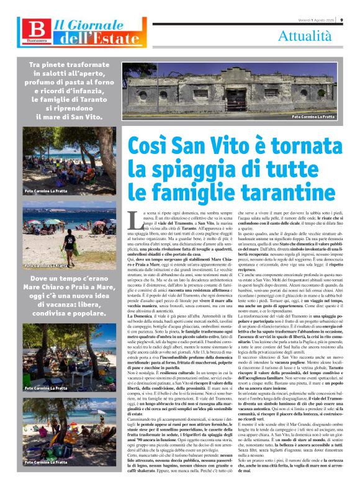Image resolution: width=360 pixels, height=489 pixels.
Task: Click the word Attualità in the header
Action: [x=308, y=36]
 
